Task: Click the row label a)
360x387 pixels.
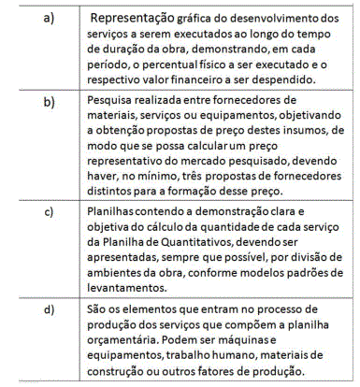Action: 47,18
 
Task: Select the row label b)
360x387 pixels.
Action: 47,99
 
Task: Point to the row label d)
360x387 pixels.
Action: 47,308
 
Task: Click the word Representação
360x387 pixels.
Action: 137,18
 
